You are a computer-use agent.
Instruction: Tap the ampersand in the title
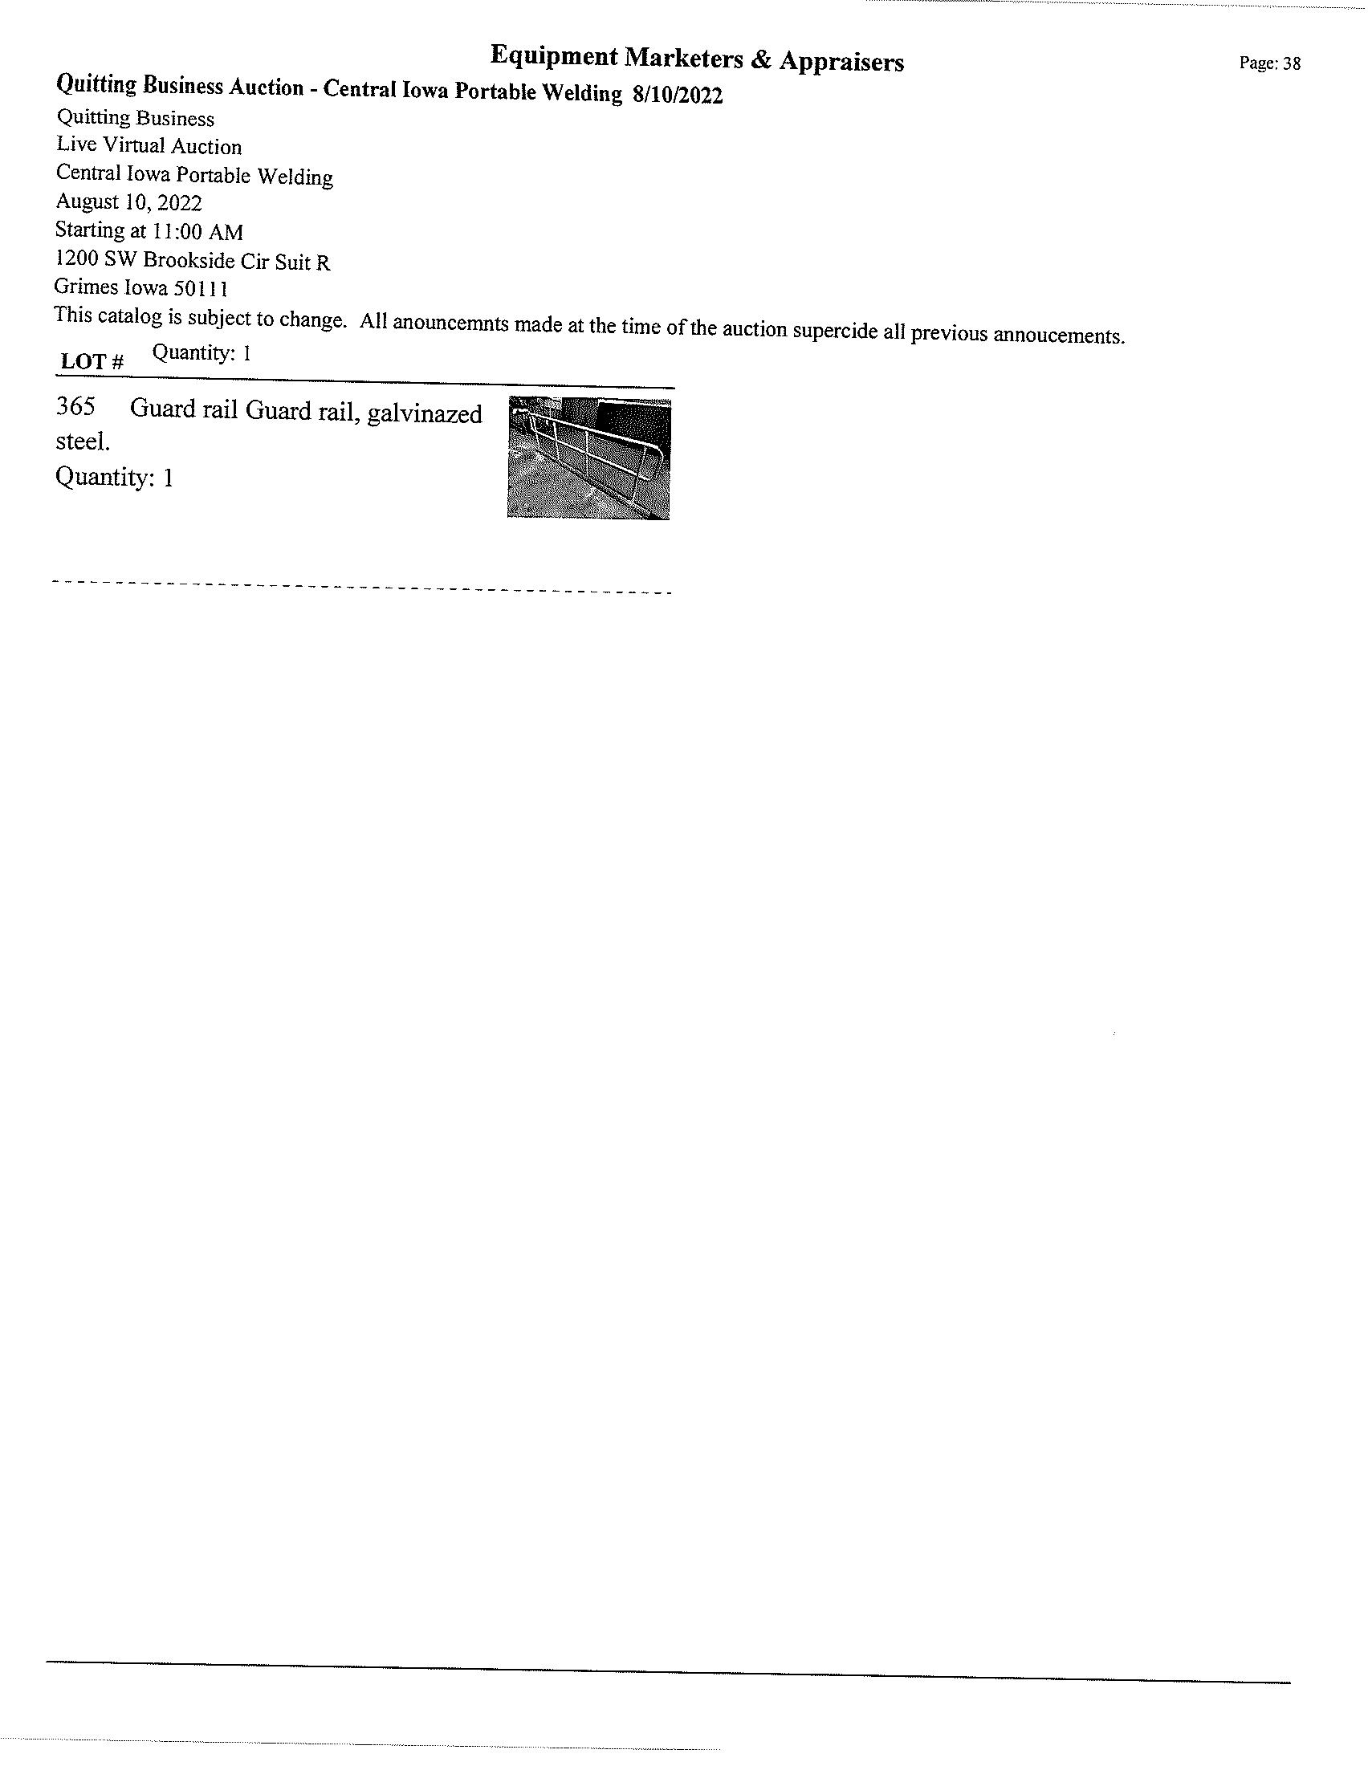pos(761,60)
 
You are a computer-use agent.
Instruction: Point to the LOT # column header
pos(92,361)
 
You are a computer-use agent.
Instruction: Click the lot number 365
pos(75,407)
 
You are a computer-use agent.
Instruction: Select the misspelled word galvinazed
pos(425,414)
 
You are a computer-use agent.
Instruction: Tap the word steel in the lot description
pos(83,442)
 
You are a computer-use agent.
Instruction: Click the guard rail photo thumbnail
pos(588,458)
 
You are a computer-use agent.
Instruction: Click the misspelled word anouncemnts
pos(450,323)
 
